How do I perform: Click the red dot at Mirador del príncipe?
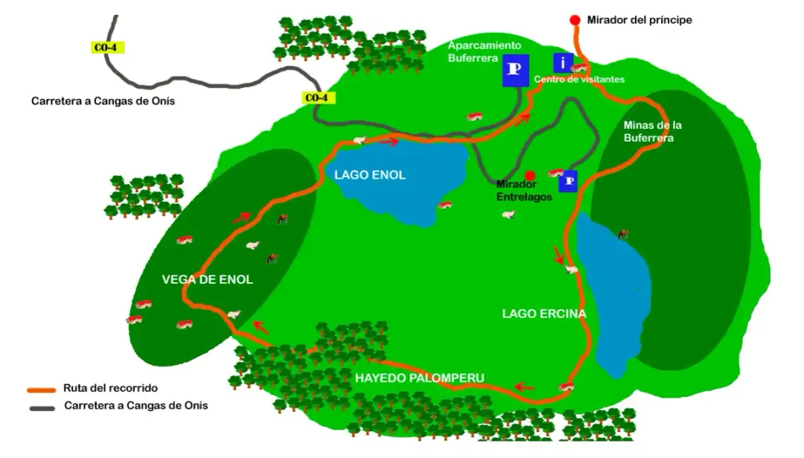click(575, 20)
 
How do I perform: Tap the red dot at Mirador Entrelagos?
click(530, 176)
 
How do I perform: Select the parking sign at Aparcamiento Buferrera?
click(515, 70)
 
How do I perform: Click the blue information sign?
click(564, 63)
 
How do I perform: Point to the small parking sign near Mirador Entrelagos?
click(569, 181)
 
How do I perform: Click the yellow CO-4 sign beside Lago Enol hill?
click(316, 98)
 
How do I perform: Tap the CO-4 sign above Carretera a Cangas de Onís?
click(105, 48)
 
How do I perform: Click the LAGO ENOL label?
click(370, 175)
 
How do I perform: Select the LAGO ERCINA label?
click(544, 314)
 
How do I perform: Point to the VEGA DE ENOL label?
click(207, 280)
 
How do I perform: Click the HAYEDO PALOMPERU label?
click(419, 378)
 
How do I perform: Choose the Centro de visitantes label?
click(579, 79)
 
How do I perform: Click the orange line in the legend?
click(42, 389)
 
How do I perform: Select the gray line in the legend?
click(42, 407)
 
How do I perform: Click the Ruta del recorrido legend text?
click(110, 388)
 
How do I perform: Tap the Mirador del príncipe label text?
click(639, 20)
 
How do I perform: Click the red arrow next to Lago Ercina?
click(558, 255)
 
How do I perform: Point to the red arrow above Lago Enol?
click(389, 141)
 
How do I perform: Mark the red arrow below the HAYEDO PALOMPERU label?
click(524, 387)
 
